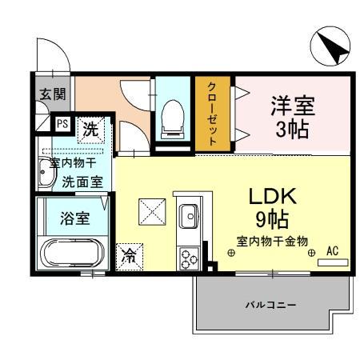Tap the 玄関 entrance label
47,94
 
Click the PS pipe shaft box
61,124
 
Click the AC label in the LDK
333,251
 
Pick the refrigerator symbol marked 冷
128,255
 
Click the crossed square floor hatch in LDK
150,211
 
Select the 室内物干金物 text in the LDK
271,239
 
